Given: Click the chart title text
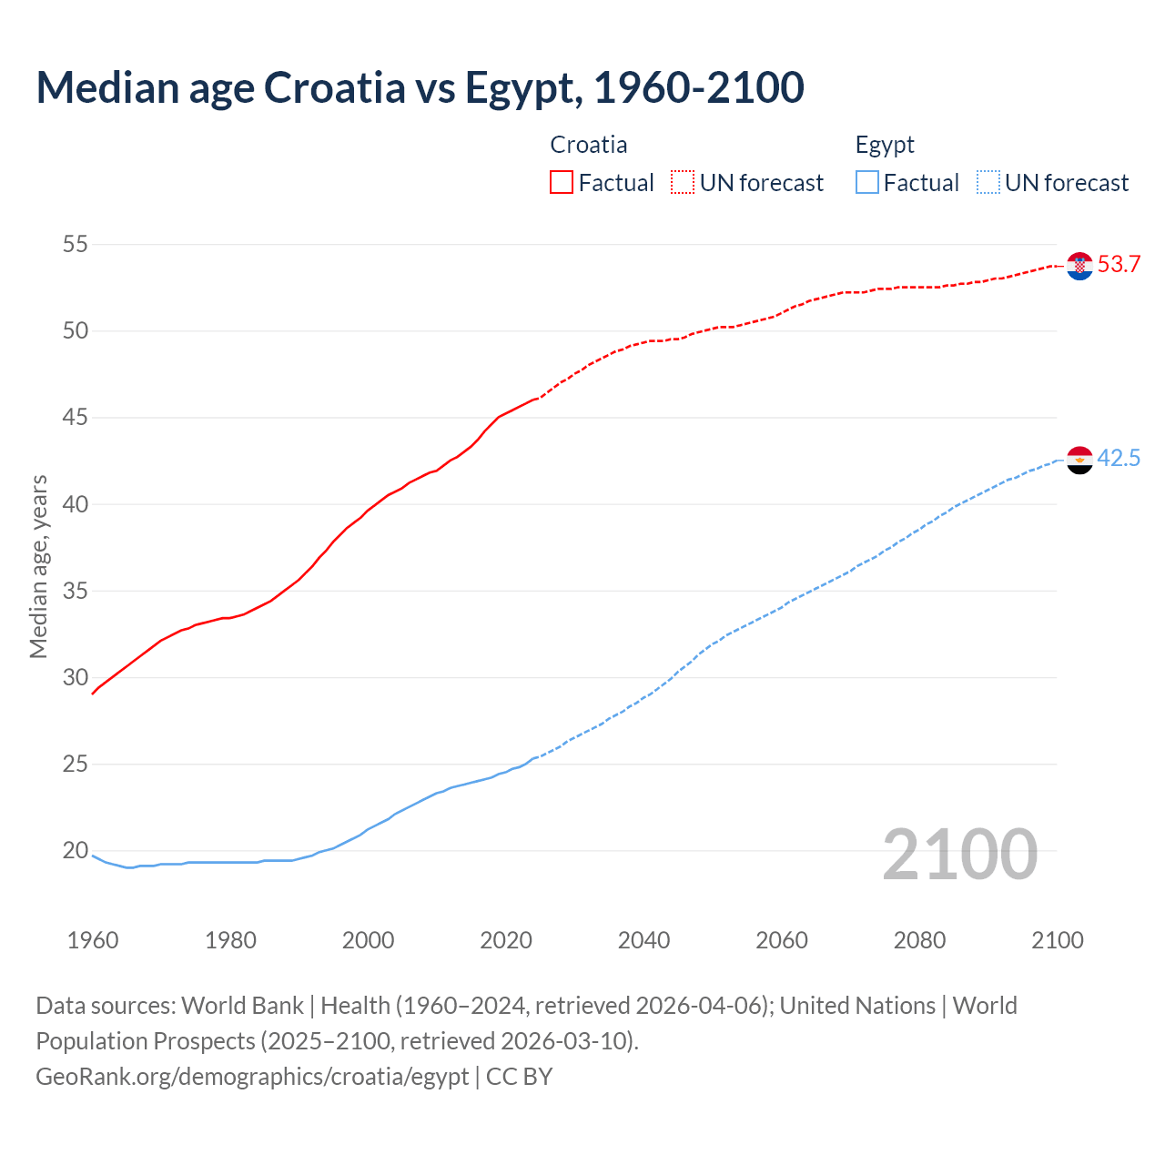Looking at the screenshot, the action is point(420,87).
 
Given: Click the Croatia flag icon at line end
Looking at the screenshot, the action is point(1079,266).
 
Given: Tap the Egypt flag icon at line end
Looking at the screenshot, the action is point(1079,460).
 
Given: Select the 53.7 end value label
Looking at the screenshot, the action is point(1119,265).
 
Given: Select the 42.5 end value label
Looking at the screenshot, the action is point(1119,458).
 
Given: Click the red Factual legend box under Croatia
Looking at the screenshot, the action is point(562,182).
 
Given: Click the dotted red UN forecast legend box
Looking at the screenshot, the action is point(683,182).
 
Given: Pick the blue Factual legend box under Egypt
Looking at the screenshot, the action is point(867,182).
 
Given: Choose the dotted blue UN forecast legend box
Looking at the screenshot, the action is point(988,182).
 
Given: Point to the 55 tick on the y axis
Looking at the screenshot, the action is point(76,244).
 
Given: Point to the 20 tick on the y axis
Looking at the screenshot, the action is point(76,851).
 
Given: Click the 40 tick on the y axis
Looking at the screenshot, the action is point(76,504).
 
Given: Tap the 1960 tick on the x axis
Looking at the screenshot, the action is point(93,940).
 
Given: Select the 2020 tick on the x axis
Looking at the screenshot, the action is point(506,940).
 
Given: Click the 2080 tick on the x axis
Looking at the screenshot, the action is point(919,940).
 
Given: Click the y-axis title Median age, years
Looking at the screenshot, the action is point(38,566).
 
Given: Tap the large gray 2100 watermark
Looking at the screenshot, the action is point(959,854).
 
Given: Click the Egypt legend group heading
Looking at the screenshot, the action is point(885,145).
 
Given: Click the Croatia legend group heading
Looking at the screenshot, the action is point(589,145).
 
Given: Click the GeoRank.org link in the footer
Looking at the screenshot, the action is point(252,1077).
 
